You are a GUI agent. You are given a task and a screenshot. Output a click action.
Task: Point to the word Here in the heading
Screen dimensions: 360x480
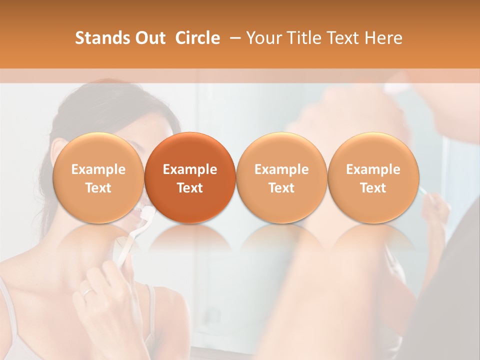click(x=383, y=38)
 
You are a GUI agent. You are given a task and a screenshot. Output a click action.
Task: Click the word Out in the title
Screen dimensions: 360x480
click(x=148, y=38)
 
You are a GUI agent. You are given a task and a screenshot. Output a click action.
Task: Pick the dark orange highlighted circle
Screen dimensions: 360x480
click(x=190, y=177)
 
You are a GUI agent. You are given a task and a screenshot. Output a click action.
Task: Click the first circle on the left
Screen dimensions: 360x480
click(x=98, y=177)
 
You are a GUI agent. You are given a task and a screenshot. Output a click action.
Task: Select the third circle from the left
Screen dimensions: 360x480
click(x=281, y=177)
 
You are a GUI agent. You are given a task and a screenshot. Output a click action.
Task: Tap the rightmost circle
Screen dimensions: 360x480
click(x=373, y=177)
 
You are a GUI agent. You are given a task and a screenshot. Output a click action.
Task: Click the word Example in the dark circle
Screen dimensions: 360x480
click(x=190, y=169)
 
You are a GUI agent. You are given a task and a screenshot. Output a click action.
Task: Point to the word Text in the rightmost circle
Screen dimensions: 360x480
click(x=373, y=188)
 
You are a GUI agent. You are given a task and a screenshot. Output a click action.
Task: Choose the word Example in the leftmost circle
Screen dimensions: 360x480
click(x=98, y=169)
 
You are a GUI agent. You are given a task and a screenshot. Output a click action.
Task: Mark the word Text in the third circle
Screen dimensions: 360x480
click(x=281, y=188)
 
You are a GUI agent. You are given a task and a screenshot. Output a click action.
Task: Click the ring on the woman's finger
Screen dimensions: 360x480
click(x=87, y=292)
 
